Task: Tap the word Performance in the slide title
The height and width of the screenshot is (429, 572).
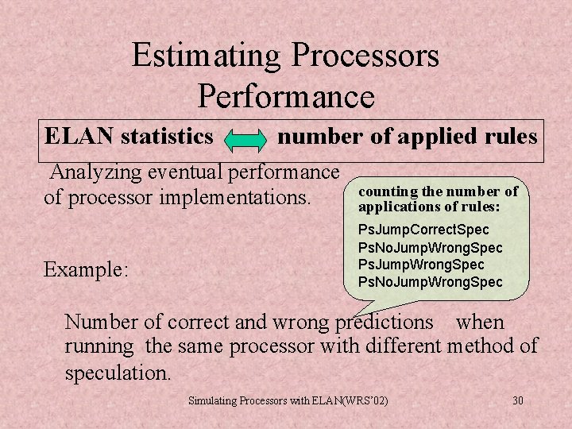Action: click(x=286, y=96)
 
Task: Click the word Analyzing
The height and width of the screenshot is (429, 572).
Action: click(x=94, y=172)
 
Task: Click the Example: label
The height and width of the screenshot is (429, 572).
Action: click(x=85, y=269)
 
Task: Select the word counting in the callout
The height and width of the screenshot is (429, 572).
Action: click(x=387, y=191)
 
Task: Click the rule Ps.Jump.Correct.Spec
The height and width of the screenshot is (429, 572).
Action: click(x=423, y=230)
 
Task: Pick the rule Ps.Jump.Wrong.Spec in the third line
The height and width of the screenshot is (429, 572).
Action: click(x=421, y=265)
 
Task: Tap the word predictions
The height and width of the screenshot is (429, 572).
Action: click(x=383, y=322)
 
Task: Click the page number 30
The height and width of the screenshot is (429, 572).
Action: click(x=518, y=400)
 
